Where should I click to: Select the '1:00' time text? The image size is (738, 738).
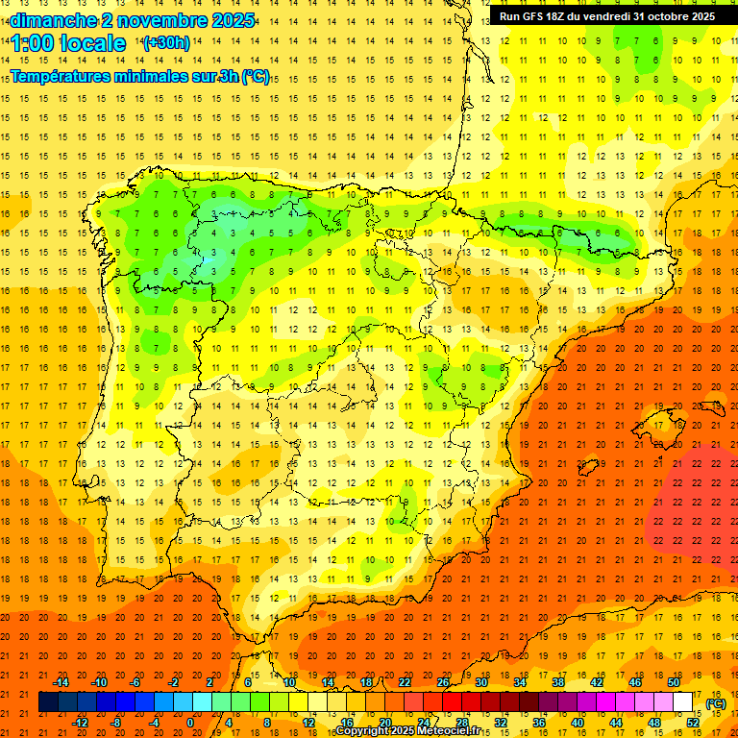[x=33, y=43]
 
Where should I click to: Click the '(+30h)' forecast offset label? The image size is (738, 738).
[x=166, y=43]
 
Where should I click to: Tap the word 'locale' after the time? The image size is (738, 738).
[x=92, y=43]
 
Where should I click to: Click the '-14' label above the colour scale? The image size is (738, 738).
[x=61, y=682]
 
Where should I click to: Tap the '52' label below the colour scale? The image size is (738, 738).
[x=693, y=723]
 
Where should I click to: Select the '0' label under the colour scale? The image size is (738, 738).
[x=189, y=723]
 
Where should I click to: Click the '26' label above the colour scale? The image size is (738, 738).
[x=443, y=682]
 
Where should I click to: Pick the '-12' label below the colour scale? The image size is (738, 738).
[x=80, y=723]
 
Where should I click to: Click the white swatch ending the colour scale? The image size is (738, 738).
[x=683, y=702]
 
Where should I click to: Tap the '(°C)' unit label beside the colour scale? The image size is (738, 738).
[x=716, y=703]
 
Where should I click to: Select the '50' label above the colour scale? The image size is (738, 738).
[x=674, y=682]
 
